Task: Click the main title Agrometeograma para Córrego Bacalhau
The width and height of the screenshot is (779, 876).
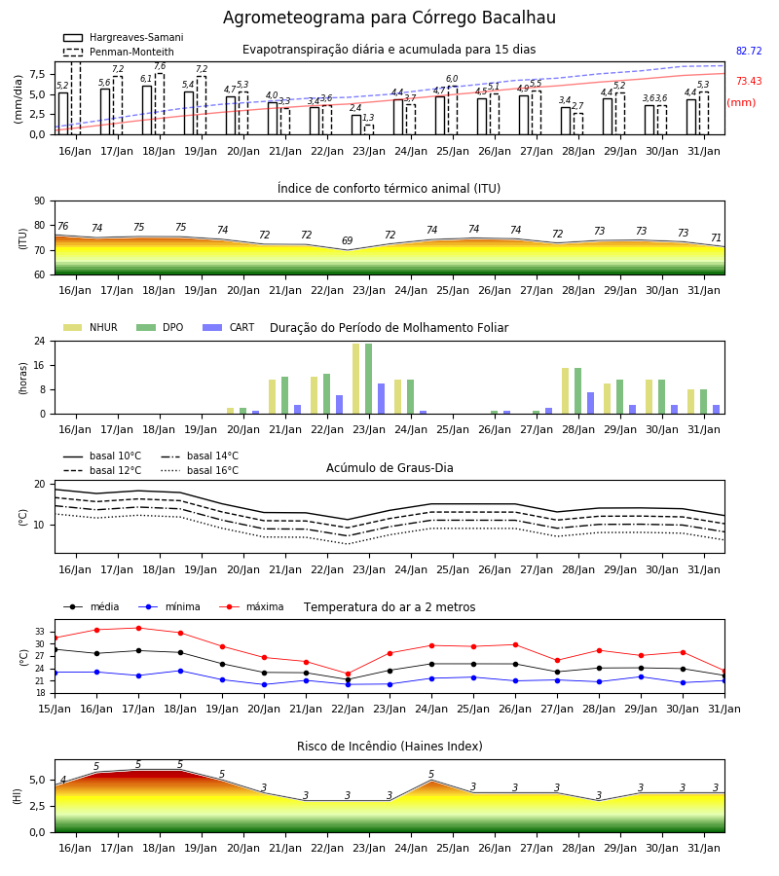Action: tap(389, 18)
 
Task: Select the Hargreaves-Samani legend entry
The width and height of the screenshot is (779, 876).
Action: tap(123, 37)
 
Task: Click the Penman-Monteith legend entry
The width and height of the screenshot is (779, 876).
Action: tap(119, 52)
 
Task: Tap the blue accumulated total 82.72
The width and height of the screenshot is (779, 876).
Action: tap(749, 51)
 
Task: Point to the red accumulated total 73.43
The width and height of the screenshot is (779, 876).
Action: tap(749, 81)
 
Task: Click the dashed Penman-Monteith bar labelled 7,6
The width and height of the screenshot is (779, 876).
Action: tap(160, 104)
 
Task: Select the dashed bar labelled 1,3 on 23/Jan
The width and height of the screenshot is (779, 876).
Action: tap(369, 129)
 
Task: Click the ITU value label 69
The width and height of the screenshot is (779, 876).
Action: tap(347, 240)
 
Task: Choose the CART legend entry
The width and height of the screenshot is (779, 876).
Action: tap(229, 327)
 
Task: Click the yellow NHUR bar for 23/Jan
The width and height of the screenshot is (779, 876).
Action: tap(356, 379)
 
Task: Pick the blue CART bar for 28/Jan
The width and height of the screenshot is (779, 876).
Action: tap(591, 403)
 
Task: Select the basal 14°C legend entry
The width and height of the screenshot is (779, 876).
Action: tap(200, 456)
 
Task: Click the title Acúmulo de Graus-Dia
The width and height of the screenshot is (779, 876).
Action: tap(389, 468)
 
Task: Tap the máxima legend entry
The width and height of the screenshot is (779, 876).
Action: tap(251, 606)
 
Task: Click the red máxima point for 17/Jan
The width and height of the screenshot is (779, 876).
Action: tap(138, 628)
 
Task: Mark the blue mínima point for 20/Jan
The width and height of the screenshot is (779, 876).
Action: tap(264, 684)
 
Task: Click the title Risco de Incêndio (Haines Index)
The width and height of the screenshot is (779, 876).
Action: tap(389, 747)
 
